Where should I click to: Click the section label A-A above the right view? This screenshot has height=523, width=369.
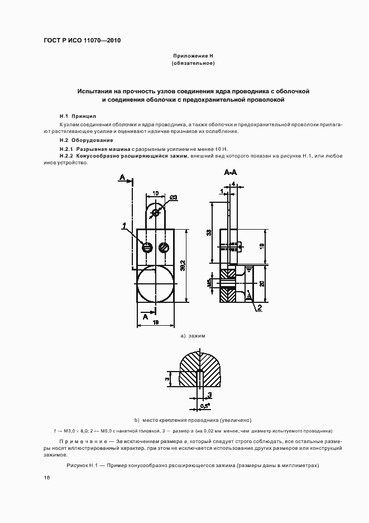tap(231, 174)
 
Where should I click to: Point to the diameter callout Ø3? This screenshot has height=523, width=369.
tap(172, 197)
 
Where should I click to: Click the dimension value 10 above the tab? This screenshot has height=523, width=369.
tap(154, 193)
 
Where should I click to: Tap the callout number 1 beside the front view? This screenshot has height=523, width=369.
tap(123, 226)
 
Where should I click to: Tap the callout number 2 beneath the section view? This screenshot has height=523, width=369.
tap(260, 306)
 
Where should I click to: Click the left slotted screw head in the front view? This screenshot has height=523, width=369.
tap(147, 247)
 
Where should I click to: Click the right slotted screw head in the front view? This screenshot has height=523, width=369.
tap(164, 247)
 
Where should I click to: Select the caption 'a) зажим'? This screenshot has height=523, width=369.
tap(193, 336)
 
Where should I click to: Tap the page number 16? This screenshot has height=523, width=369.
tap(46, 478)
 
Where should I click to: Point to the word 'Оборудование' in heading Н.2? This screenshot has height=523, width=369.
tap(92, 140)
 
